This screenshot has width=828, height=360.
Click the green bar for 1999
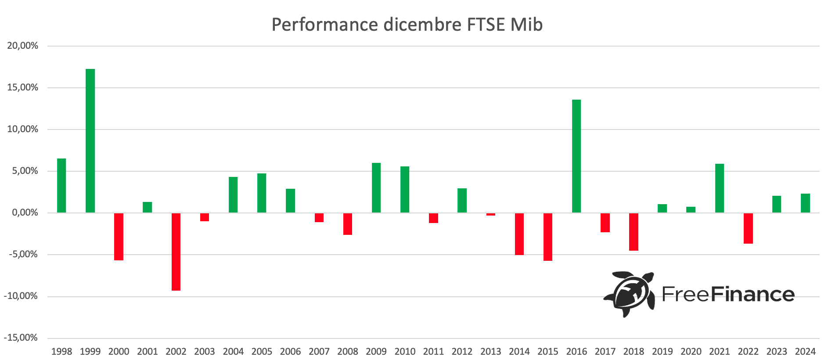(x=90, y=140)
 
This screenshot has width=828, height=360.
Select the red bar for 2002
(x=176, y=252)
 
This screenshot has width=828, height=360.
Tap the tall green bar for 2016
(x=576, y=156)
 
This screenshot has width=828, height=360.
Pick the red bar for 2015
(x=548, y=237)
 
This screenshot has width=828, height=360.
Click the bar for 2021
(x=720, y=188)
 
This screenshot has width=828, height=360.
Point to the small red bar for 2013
(x=491, y=214)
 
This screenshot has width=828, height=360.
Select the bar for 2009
(x=376, y=188)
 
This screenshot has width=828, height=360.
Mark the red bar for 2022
(x=748, y=228)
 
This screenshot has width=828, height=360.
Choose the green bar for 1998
(x=61, y=186)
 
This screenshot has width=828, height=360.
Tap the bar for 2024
(x=805, y=203)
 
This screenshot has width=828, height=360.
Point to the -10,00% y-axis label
(x=21, y=296)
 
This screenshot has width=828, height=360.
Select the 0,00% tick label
(x=25, y=213)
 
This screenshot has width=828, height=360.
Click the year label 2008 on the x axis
(x=348, y=352)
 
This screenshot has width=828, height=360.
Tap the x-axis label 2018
(x=634, y=352)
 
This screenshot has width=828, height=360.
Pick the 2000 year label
(x=119, y=352)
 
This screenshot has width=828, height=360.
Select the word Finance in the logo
(x=752, y=294)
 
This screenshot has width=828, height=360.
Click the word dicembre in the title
(x=422, y=25)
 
